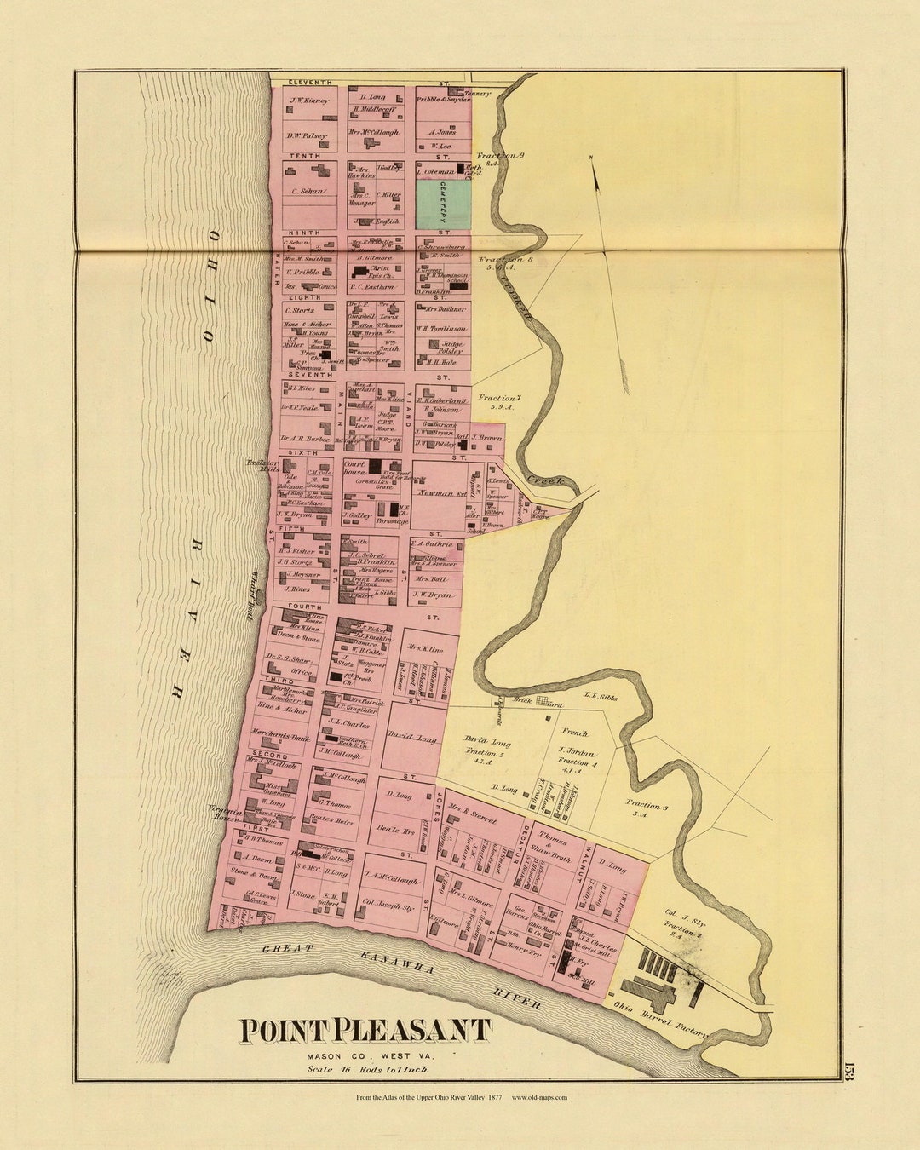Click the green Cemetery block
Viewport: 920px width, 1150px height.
443,204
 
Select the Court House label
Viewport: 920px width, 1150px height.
354,468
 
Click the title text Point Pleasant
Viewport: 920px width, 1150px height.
365,1031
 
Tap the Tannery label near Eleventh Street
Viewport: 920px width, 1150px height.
478,94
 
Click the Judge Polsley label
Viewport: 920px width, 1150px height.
451,347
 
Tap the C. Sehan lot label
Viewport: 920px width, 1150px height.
308,191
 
